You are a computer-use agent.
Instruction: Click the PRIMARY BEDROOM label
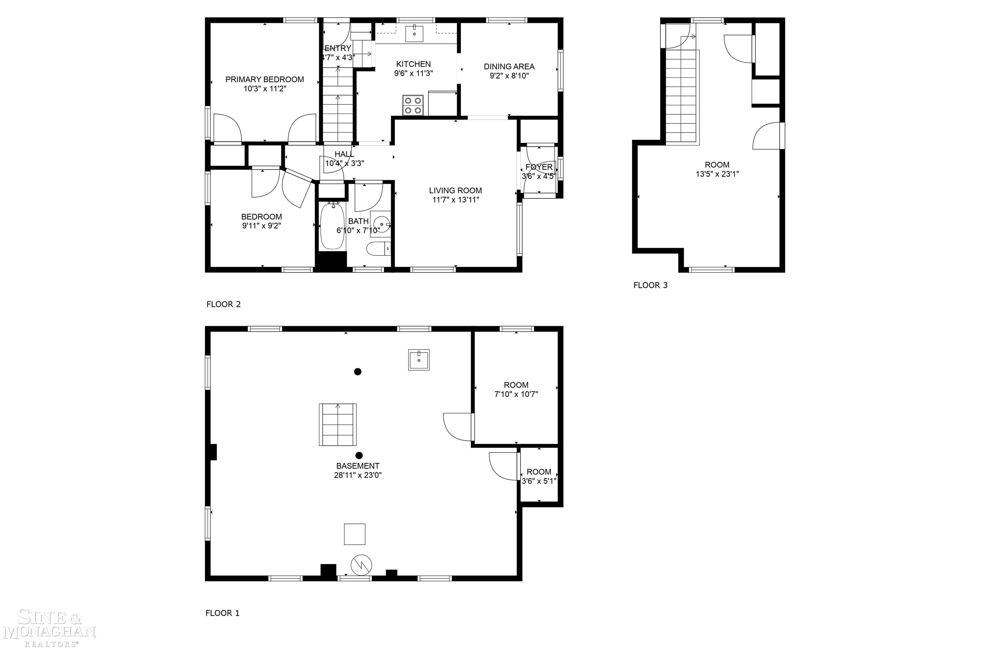[x=265, y=79]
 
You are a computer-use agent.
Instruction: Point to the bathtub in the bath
[x=332, y=226]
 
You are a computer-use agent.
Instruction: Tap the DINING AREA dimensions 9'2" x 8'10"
[x=509, y=76]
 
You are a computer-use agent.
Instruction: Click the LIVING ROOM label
[x=455, y=190]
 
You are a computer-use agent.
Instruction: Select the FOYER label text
[x=539, y=167]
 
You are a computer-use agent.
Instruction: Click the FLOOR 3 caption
[x=650, y=285]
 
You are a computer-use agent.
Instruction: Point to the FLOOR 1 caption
[x=223, y=613]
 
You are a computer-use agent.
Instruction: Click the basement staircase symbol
[x=338, y=425]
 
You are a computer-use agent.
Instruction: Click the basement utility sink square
[x=419, y=360]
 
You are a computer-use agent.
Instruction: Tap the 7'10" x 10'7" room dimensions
[x=516, y=394]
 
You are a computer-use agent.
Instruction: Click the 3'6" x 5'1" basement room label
[x=539, y=477]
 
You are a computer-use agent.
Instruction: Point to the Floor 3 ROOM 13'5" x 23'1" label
[x=717, y=169]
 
